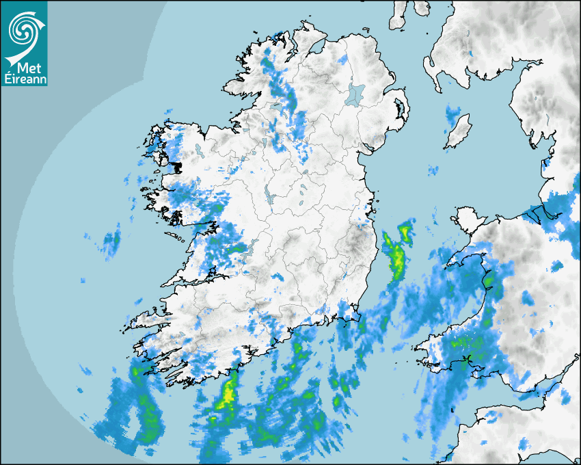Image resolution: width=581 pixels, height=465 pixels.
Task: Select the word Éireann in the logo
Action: coord(25,79)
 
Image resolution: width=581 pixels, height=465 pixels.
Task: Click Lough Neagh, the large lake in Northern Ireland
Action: coord(356,94)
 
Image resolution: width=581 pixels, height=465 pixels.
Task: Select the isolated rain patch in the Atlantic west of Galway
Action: coord(111,240)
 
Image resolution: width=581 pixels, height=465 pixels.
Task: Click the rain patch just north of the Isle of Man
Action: coord(452,115)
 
